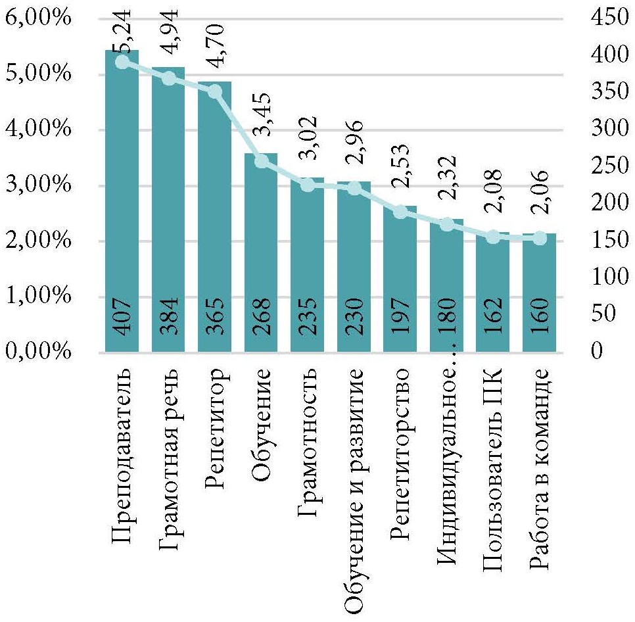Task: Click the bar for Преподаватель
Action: pyautogui.click(x=122, y=197)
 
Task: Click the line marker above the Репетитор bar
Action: pyautogui.click(x=215, y=91)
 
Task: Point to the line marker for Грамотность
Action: pyautogui.click(x=307, y=185)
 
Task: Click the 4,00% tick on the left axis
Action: pyautogui.click(x=38, y=130)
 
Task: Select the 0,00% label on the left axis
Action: pyautogui.click(x=38, y=352)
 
